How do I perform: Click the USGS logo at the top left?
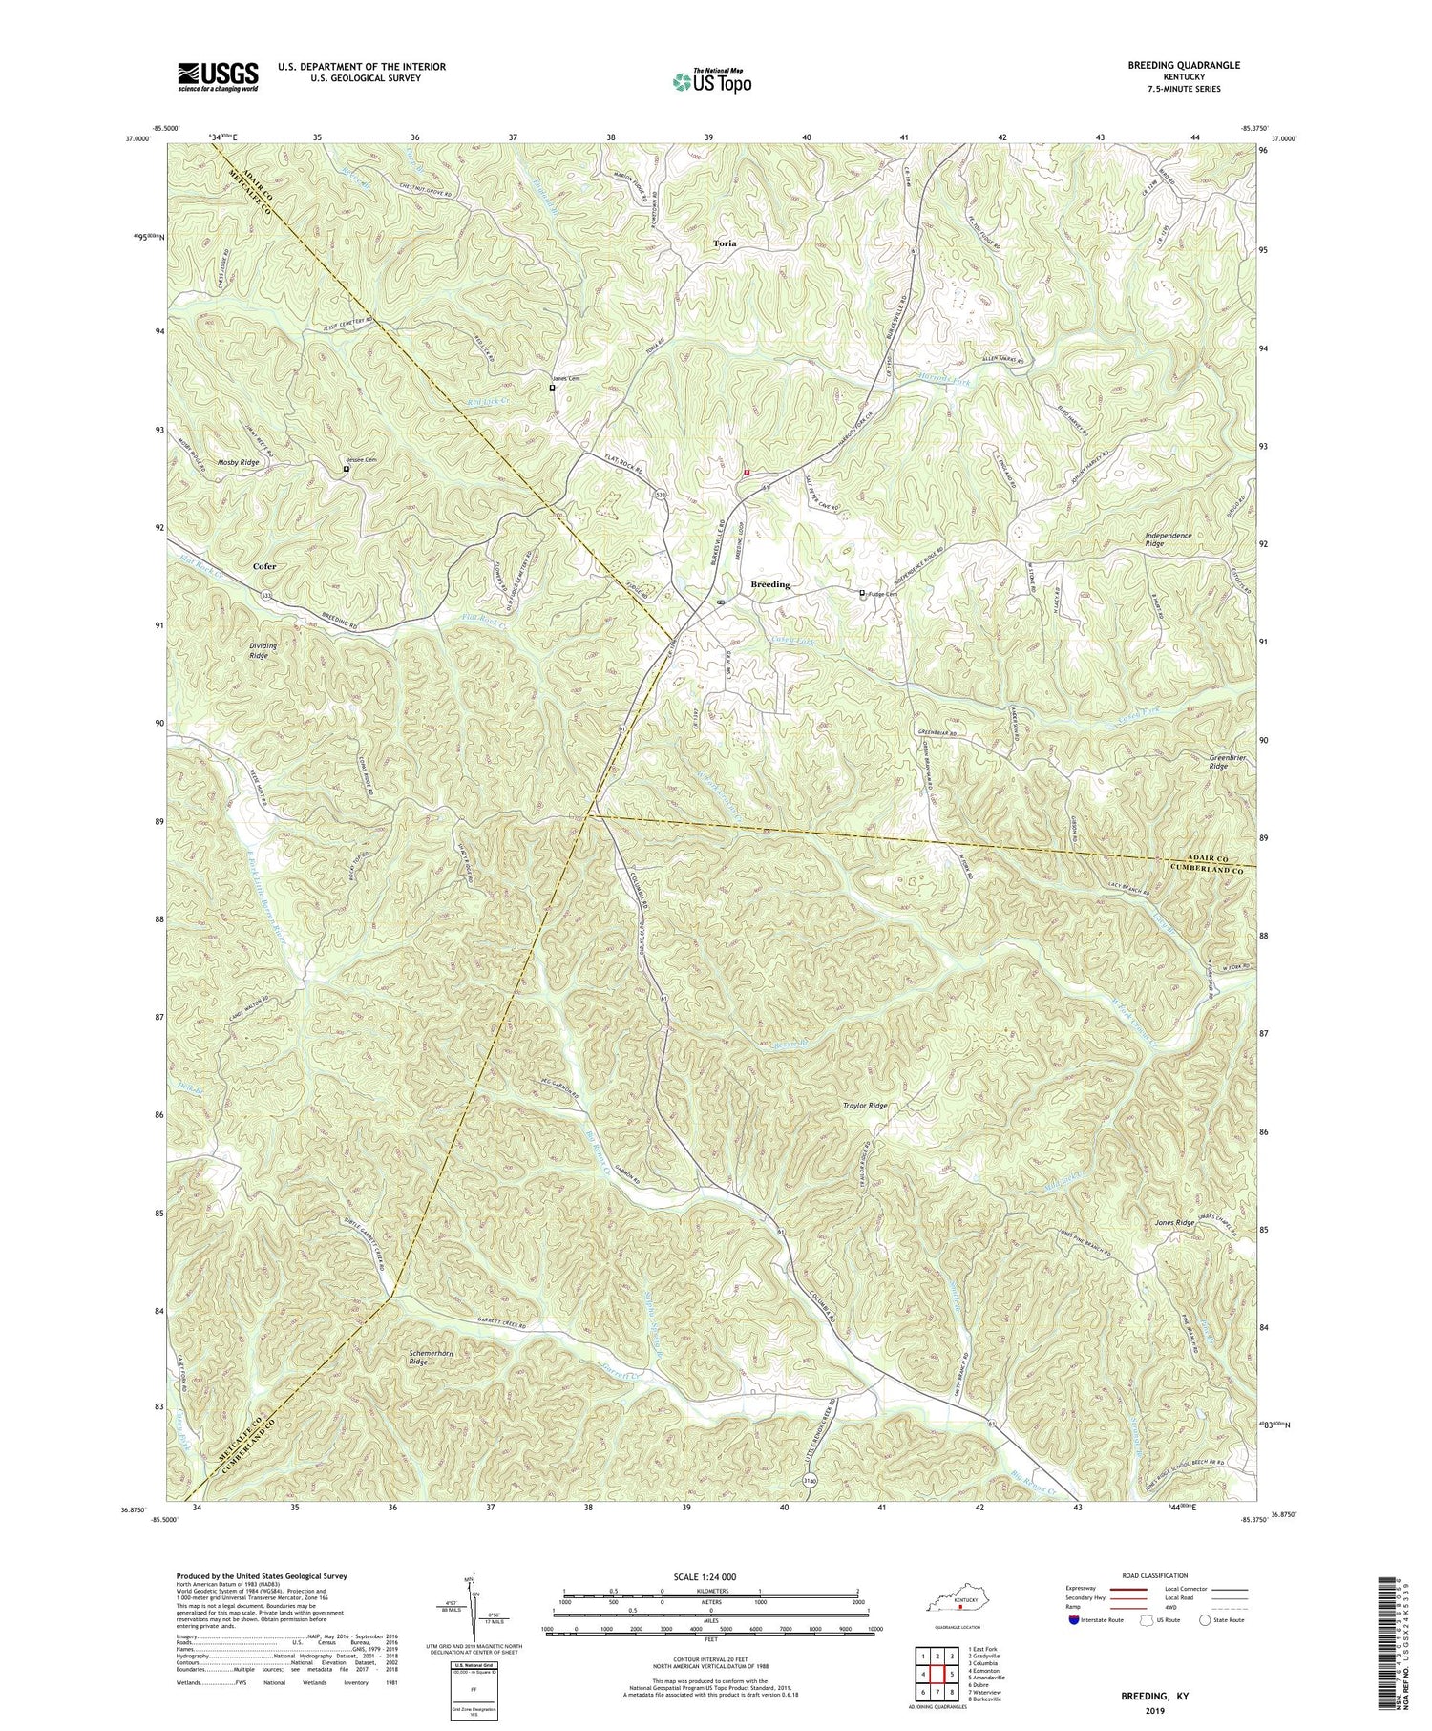pyautogui.click(x=218, y=76)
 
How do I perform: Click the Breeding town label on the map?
pyautogui.click(x=769, y=584)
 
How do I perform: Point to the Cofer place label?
pyautogui.click(x=264, y=566)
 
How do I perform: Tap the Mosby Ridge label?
pyautogui.click(x=238, y=462)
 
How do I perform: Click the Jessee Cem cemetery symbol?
pyautogui.click(x=347, y=469)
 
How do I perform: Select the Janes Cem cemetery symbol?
pyautogui.click(x=552, y=388)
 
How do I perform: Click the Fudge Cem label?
pyautogui.click(x=883, y=594)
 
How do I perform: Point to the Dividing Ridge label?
pyautogui.click(x=263, y=650)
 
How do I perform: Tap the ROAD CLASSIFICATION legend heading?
pyautogui.click(x=1148, y=1575)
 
